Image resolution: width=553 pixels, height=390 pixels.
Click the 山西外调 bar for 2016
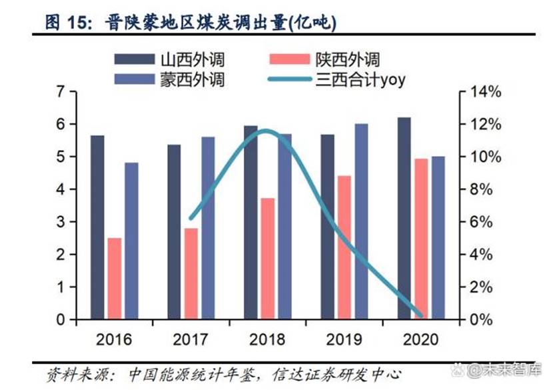[x=98, y=227]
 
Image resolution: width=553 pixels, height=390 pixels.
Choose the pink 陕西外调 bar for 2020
[x=422, y=239]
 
